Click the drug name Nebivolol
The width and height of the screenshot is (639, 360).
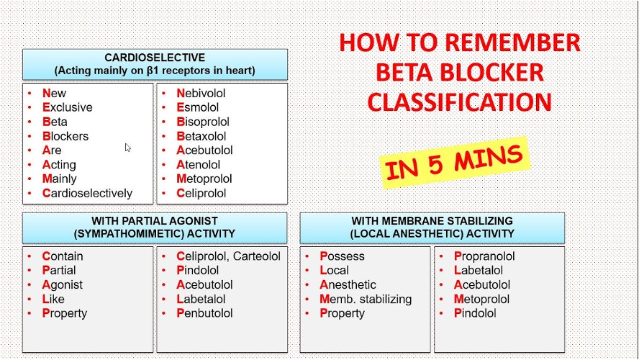[201, 93]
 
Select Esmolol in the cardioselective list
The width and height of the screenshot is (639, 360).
[197, 107]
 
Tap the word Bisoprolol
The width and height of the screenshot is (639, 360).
[202, 122]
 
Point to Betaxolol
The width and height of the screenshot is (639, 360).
[201, 136]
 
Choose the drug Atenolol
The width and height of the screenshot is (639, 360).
[198, 165]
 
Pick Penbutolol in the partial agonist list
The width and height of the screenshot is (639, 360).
[204, 313]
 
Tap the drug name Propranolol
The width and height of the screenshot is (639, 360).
[484, 256]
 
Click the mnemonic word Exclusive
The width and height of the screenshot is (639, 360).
[67, 107]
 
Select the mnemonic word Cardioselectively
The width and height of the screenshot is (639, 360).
[87, 193]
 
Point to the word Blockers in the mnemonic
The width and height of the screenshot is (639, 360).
[65, 136]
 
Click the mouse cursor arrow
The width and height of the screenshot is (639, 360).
[128, 148]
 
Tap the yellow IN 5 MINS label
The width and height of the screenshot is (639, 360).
[454, 162]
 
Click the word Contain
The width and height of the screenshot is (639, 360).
[63, 256]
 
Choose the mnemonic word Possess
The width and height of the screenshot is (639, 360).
[342, 256]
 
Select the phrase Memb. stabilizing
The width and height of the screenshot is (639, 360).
[366, 299]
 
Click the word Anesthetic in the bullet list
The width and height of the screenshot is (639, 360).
[348, 284]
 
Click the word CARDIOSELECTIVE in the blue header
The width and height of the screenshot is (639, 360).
[155, 58]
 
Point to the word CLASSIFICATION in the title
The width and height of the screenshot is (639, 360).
[459, 102]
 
